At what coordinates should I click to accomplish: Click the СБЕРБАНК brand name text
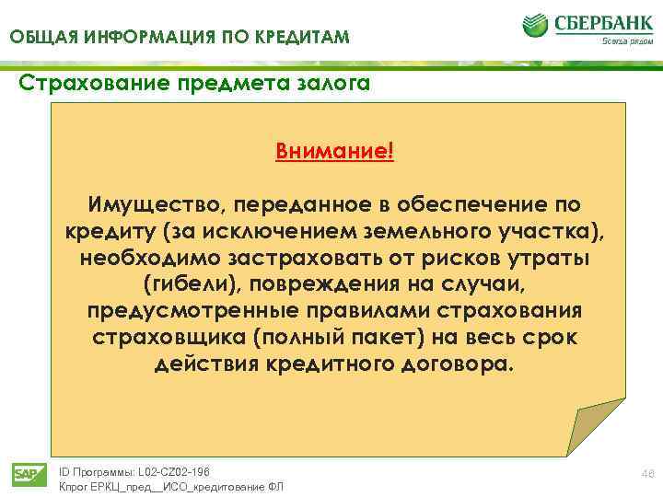600,22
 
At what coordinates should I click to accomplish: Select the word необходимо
139,257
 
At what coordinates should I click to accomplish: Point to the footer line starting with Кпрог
171,487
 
